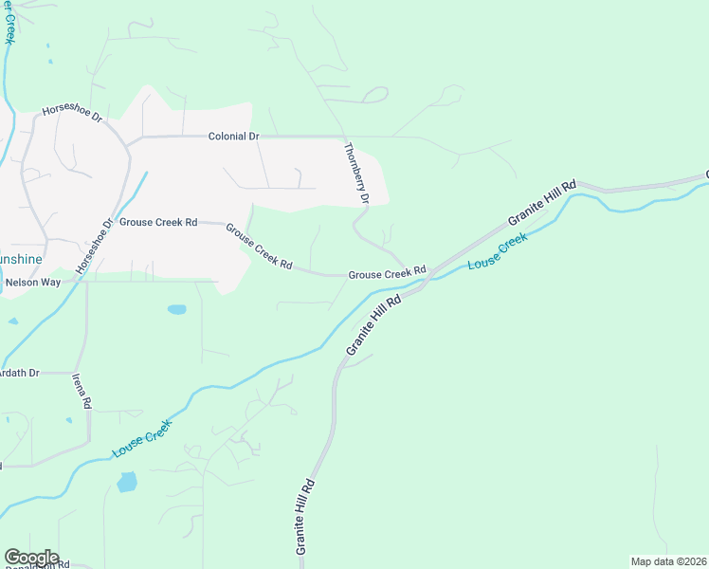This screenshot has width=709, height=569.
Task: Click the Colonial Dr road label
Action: tap(233, 137)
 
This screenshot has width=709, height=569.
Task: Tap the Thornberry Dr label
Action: tap(354, 173)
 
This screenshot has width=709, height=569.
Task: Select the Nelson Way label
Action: tap(32, 283)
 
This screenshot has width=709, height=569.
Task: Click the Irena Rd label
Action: tap(82, 390)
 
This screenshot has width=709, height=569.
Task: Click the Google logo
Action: tap(30, 558)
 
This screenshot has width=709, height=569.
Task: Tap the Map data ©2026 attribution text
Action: tap(668, 561)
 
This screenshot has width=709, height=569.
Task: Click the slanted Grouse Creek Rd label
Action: tap(258, 246)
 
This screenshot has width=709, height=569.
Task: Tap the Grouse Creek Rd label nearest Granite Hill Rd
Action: tap(387, 274)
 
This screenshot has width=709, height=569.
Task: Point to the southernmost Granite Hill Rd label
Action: tap(304, 517)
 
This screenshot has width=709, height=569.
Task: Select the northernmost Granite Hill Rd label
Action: tap(542, 202)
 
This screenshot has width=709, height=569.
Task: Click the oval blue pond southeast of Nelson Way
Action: tap(176, 309)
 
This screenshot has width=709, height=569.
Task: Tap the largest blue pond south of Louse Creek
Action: tap(126, 482)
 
